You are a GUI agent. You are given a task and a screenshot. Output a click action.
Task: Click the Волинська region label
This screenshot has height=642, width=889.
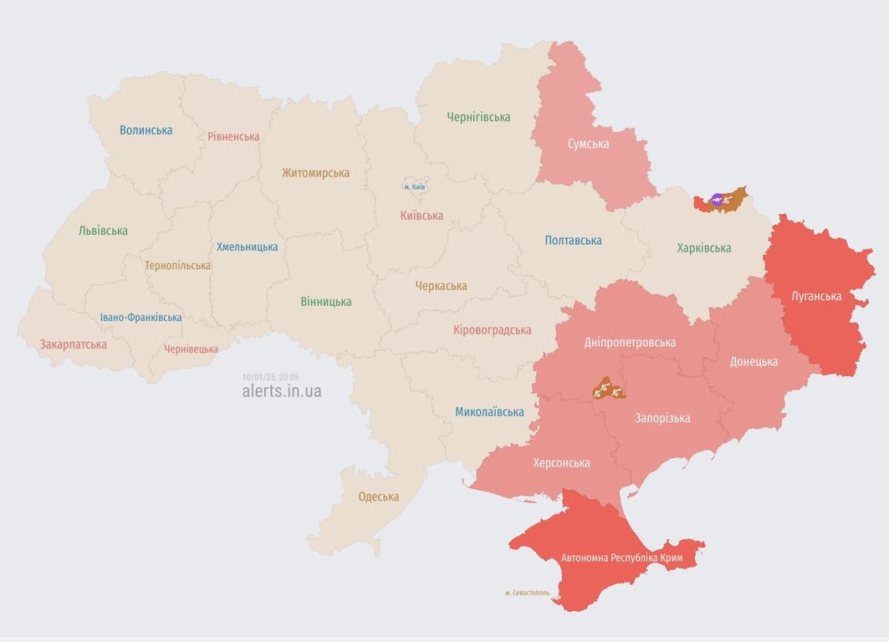point(146,130)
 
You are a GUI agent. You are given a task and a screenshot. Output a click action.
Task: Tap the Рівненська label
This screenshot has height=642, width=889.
point(234,136)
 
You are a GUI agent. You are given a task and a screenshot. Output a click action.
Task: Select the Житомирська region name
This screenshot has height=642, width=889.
point(315,173)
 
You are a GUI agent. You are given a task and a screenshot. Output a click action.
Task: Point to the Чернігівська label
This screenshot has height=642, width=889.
point(478,117)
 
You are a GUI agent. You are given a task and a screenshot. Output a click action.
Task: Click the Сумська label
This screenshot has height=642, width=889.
point(588,144)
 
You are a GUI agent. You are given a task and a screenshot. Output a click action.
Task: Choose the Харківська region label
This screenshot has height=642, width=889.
point(703,248)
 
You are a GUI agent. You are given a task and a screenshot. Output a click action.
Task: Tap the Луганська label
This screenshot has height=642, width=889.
point(816,296)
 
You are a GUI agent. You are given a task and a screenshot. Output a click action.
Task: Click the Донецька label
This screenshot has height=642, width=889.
point(754,362)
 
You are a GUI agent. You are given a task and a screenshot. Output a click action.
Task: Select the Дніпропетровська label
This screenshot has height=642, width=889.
point(630,343)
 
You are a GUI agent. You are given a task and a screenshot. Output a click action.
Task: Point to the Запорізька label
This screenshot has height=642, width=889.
point(662,418)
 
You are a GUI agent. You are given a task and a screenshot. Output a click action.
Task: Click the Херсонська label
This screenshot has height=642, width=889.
point(561,463)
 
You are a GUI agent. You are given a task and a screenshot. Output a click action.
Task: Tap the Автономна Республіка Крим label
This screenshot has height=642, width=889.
point(622,558)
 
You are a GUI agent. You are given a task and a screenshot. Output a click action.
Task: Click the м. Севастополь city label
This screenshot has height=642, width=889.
point(527,593)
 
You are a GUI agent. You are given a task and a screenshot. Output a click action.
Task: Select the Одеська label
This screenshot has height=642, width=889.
point(378,497)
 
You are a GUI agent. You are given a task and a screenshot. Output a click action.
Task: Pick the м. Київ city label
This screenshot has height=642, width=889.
point(415,187)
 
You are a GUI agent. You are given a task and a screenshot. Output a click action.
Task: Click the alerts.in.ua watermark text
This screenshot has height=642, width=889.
point(281,391)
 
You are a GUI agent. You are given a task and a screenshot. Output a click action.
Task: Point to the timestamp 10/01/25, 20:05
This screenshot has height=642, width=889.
point(270,377)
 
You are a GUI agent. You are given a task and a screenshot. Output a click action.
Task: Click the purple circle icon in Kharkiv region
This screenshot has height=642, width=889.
point(717,199)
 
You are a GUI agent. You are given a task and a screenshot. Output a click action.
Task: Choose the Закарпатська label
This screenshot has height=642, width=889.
point(74,344)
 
